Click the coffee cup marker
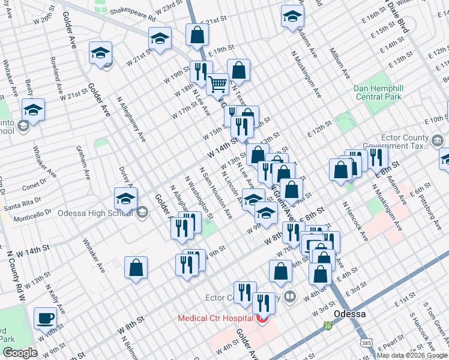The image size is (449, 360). pyautogui.click(x=45, y=317)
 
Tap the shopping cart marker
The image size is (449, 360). pyautogui.click(x=217, y=84)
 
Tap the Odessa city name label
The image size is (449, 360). pyautogui.click(x=367, y=314)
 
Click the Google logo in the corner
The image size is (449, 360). pyautogui.click(x=20, y=353)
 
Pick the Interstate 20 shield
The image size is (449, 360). pyautogui.click(x=327, y=325)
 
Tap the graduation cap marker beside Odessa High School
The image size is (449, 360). pyautogui.click(x=125, y=199)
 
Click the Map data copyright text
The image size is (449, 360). pyautogui.click(x=412, y=355)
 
